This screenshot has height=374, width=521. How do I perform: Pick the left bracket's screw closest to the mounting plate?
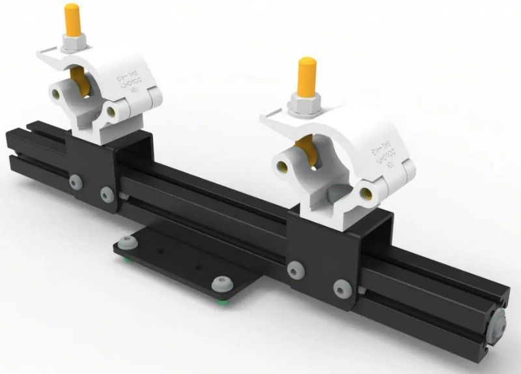point(106,192)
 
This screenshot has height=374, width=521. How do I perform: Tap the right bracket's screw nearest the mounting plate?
point(297,268)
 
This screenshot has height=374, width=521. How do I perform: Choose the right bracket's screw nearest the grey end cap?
point(340,287)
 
